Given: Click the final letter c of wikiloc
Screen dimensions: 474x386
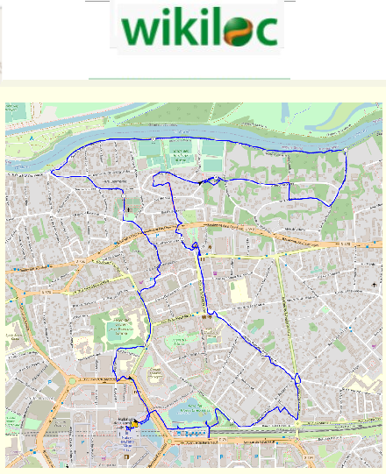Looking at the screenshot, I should (x=267, y=33).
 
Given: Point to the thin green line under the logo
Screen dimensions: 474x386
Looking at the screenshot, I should (x=189, y=79).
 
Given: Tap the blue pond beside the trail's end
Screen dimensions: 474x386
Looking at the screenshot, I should (x=187, y=409).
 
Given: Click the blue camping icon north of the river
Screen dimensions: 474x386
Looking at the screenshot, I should (x=32, y=137).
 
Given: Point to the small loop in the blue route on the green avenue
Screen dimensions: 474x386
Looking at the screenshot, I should (x=297, y=379).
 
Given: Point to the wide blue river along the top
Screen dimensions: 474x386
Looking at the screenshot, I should (x=219, y=131).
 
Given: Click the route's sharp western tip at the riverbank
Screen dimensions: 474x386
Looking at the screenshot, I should (x=51, y=173).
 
